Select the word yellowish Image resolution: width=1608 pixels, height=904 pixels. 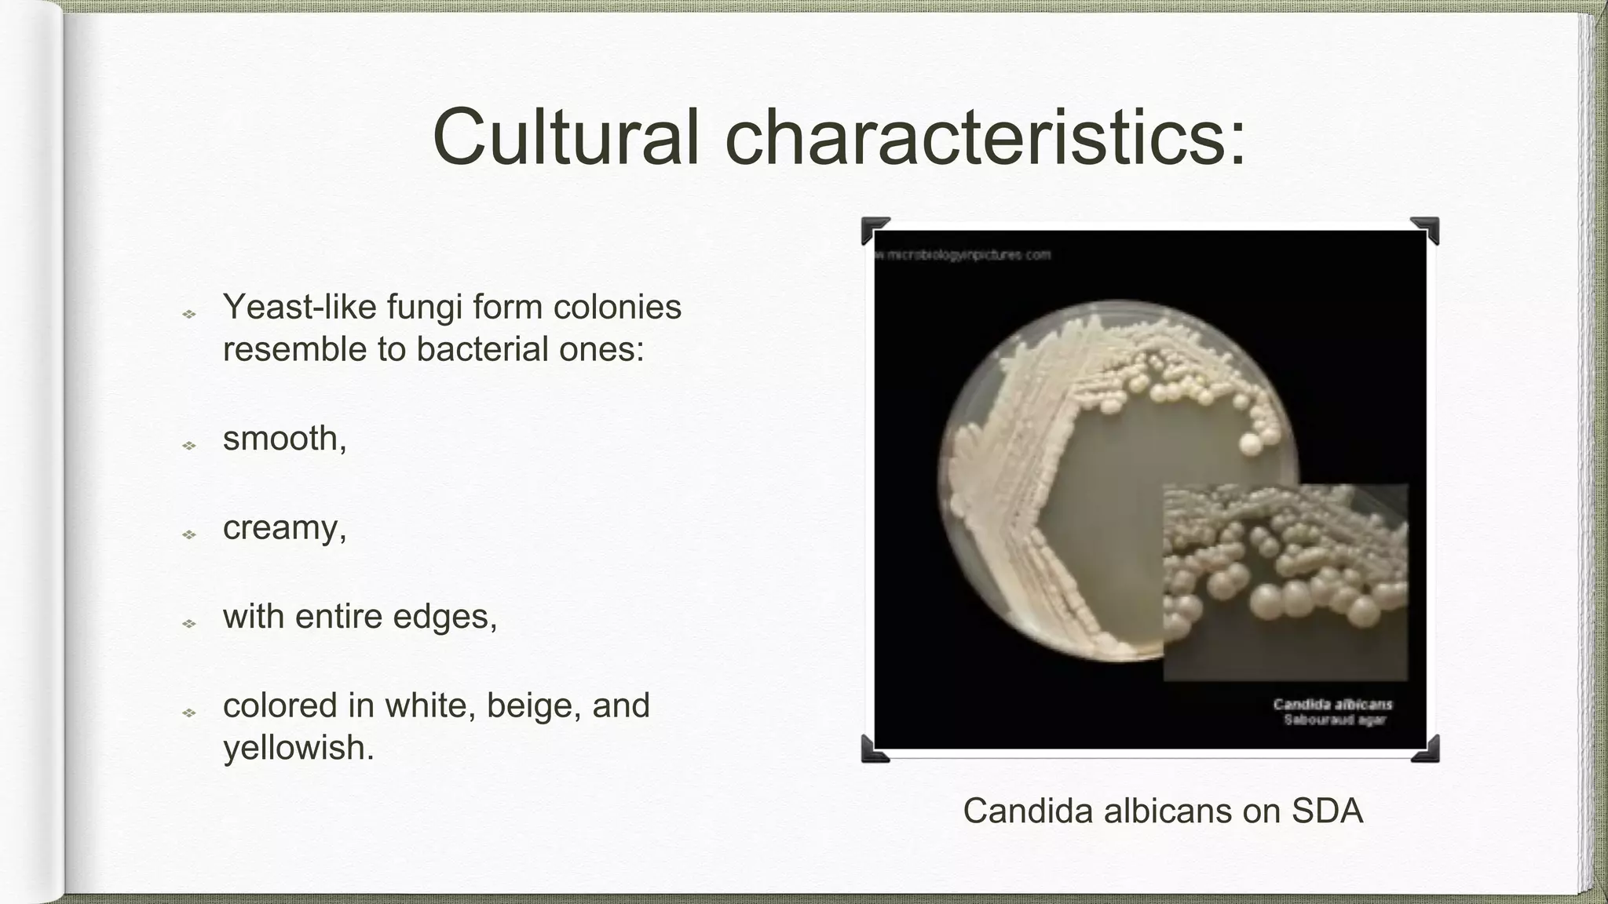tap(298, 748)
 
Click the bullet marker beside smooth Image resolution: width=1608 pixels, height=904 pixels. tap(189, 446)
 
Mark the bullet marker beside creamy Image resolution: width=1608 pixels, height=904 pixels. tap(189, 534)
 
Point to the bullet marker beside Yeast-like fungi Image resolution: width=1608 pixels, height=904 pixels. tap(189, 315)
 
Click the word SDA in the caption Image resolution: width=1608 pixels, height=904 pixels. tap(1327, 811)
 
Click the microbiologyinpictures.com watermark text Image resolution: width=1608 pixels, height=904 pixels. tap(964, 255)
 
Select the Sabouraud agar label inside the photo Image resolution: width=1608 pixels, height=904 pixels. tap(1334, 720)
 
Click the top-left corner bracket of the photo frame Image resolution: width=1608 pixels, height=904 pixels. tap(875, 231)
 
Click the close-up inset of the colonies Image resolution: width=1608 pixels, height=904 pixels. tap(1285, 581)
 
